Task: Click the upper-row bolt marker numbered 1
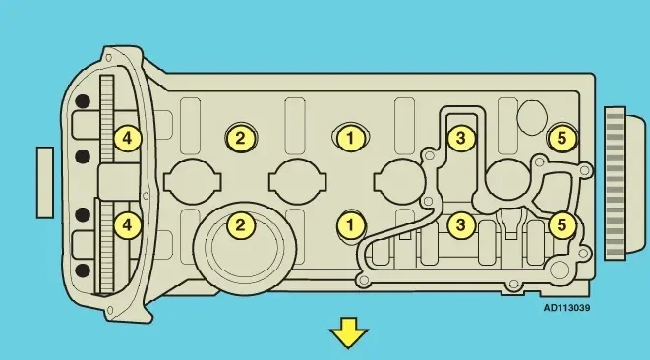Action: (350, 138)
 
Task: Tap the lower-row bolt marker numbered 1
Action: (350, 225)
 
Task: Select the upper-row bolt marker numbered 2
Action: (241, 138)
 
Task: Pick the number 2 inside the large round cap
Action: (241, 225)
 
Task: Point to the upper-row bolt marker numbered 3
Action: (460, 138)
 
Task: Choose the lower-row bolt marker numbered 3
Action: (460, 225)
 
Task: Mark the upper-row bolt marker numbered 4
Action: (127, 138)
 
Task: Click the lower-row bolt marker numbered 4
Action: (127, 225)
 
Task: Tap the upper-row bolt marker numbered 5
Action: (562, 138)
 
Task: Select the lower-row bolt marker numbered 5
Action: (562, 225)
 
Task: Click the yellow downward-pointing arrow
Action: (349, 332)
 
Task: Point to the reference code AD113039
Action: (566, 308)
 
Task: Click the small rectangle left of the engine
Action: (45, 183)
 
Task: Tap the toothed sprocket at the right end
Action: (615, 183)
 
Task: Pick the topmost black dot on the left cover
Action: (83, 101)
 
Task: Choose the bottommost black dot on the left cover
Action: (83, 270)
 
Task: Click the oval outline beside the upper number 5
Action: (532, 117)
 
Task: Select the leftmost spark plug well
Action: (193, 182)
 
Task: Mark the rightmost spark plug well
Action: (507, 181)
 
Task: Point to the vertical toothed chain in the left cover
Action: (106, 185)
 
